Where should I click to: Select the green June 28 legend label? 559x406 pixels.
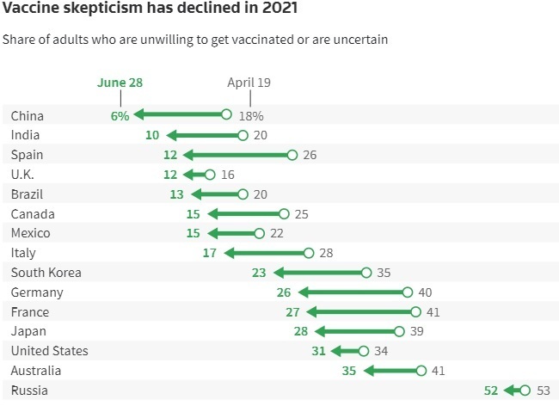pyautogui.click(x=120, y=83)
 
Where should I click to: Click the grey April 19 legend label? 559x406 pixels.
pyautogui.click(x=249, y=83)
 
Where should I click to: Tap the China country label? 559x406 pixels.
pyautogui.click(x=28, y=115)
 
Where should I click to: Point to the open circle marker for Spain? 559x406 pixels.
pyautogui.click(x=292, y=155)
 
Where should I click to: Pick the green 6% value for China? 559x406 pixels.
pyautogui.click(x=120, y=115)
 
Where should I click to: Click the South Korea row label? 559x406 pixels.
pyautogui.click(x=46, y=273)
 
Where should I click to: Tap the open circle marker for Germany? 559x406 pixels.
pyautogui.click(x=408, y=292)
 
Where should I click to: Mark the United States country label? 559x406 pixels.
pyautogui.click(x=49, y=351)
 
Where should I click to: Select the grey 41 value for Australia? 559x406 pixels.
pyautogui.click(x=439, y=371)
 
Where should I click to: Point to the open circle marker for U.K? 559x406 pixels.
pyautogui.click(x=211, y=175)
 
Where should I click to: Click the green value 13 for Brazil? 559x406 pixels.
pyautogui.click(x=177, y=194)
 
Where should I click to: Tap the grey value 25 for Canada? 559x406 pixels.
pyautogui.click(x=300, y=214)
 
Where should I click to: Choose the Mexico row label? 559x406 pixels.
pyautogui.click(x=30, y=233)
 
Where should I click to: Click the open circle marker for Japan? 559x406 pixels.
pyautogui.click(x=399, y=331)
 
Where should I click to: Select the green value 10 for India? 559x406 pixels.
pyautogui.click(x=152, y=135)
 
